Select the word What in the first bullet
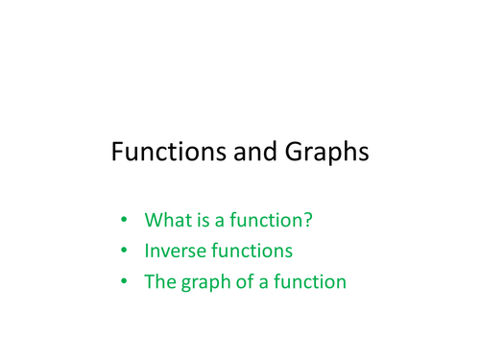pos(165,220)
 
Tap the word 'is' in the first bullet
pos(201,220)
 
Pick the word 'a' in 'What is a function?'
pos(219,221)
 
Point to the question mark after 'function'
pos(308,220)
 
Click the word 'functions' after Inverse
pos(252,252)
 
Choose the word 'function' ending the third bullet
pos(309,282)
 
